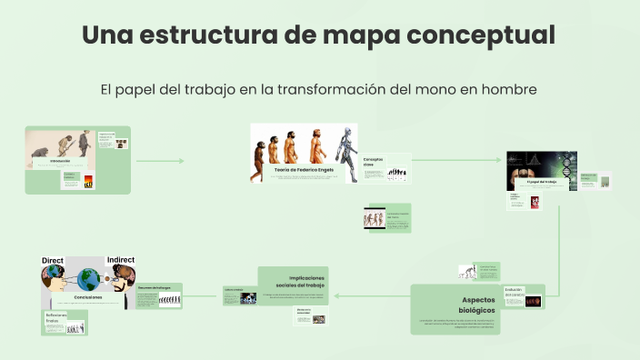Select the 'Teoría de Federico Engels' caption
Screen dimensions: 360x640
tap(303, 169)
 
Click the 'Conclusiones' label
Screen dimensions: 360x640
tap(88, 297)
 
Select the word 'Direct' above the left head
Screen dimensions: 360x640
tap(53, 261)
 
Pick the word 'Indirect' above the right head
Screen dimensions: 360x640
tap(120, 260)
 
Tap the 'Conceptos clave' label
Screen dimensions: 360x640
tap(373, 162)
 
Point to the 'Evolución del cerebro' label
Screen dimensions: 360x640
tap(514, 292)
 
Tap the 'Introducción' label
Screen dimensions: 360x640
tap(60, 161)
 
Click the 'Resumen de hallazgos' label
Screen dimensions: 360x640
tap(155, 287)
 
